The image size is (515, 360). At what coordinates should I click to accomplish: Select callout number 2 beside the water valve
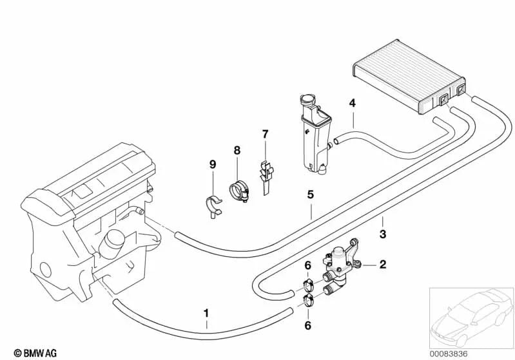pyautogui.click(x=383, y=264)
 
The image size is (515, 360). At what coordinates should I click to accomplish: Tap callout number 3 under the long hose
pyautogui.click(x=383, y=234)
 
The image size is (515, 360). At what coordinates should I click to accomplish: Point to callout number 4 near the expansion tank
pyautogui.click(x=353, y=104)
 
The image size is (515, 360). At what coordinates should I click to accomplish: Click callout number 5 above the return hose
pyautogui.click(x=311, y=194)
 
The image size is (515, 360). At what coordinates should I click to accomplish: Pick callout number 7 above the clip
pyautogui.click(x=265, y=134)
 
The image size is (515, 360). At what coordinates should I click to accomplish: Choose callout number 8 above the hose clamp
pyautogui.click(x=237, y=150)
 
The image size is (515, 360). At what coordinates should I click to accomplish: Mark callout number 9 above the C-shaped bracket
pyautogui.click(x=213, y=164)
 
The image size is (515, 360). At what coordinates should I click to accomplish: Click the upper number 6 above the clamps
pyautogui.click(x=307, y=265)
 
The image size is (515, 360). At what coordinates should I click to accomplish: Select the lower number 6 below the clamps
pyautogui.click(x=307, y=325)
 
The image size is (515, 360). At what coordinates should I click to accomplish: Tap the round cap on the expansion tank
pyautogui.click(x=307, y=99)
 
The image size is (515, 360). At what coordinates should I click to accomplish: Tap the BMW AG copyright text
pyautogui.click(x=35, y=353)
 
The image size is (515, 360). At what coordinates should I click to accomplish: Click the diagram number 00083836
pyautogui.click(x=449, y=354)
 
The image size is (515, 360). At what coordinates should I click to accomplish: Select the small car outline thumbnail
pyautogui.click(x=472, y=318)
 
